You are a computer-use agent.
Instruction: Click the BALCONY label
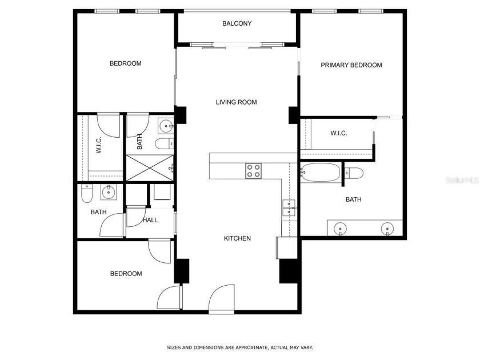[x=237, y=23]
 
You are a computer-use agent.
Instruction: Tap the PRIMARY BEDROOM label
[x=351, y=65]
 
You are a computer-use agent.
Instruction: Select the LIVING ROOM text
[x=236, y=102]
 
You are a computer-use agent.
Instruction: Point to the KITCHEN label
[x=237, y=238]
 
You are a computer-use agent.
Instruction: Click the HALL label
[x=150, y=220]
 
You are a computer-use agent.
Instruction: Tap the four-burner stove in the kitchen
[x=253, y=170]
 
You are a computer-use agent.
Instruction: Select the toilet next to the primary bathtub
[x=354, y=173]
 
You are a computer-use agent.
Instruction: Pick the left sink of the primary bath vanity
[x=340, y=229]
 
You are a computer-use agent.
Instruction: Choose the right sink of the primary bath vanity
[x=387, y=229]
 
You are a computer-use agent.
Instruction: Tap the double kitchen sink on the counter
[x=289, y=207]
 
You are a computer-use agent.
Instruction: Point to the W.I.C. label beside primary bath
[x=338, y=133]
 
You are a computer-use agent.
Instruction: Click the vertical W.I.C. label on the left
[x=99, y=145]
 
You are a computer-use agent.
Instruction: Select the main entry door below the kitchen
[x=222, y=299]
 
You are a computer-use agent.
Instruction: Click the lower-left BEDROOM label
[x=126, y=274]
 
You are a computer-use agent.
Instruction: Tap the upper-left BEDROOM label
[x=125, y=63]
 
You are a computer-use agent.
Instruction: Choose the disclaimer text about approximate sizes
[x=239, y=347]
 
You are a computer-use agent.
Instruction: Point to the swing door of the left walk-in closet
[x=108, y=125]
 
